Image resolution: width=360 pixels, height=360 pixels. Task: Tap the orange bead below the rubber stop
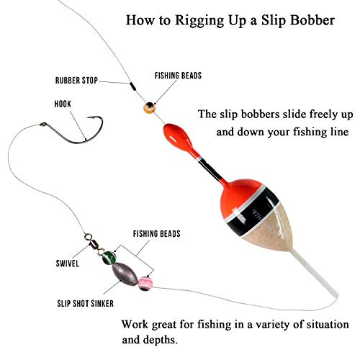click(x=148, y=107)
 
